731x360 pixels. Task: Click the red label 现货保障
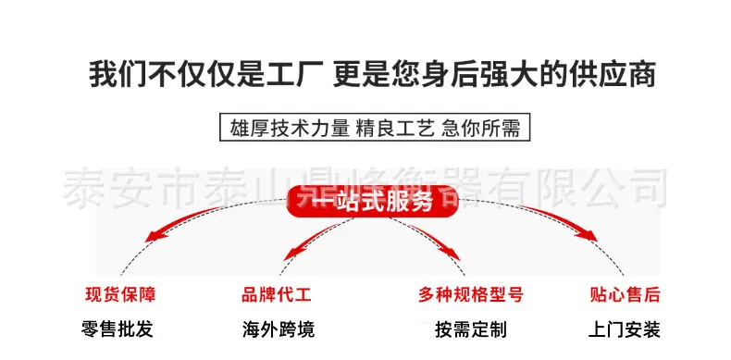[x=120, y=295]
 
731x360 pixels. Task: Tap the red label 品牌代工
[x=277, y=295]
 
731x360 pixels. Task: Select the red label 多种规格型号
[x=470, y=295]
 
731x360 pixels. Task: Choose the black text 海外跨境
[x=278, y=329]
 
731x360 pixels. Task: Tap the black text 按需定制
[x=471, y=329]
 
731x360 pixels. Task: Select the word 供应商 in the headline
[x=623, y=74]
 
